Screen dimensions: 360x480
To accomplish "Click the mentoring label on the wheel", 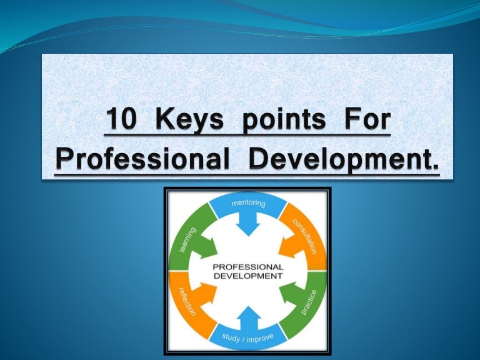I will [x=248, y=203].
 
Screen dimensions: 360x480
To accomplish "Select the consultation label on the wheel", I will [x=304, y=232].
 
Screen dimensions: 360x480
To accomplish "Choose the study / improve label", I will [x=248, y=338].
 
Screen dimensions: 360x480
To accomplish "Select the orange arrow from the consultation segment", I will [x=288, y=244].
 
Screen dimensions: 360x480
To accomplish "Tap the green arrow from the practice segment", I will [x=288, y=294].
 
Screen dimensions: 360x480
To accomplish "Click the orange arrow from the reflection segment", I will [x=207, y=294].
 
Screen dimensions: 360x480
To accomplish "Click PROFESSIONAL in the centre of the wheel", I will [x=248, y=266].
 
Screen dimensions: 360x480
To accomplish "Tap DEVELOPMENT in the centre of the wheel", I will [x=248, y=275].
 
